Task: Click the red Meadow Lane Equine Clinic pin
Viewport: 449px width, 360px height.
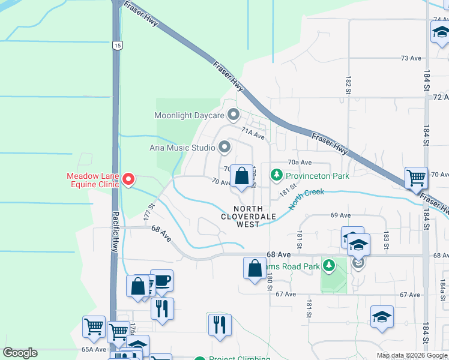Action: tap(128, 179)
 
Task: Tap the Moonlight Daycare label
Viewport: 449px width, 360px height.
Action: tap(190, 115)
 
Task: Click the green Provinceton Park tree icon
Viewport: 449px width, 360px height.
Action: tap(276, 176)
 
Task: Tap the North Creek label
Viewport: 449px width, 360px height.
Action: tap(306, 199)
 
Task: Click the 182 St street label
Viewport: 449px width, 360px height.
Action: tap(348, 85)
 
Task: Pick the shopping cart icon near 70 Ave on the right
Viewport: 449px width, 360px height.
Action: tap(416, 178)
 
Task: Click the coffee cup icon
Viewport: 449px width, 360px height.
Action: tap(161, 281)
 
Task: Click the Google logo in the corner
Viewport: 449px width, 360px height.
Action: tap(20, 353)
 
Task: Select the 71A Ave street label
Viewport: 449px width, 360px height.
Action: tap(253, 136)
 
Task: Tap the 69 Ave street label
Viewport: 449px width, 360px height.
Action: tap(340, 215)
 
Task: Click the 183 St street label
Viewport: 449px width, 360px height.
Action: tap(387, 238)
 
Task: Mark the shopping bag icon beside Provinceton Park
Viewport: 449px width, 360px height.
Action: tap(241, 177)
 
